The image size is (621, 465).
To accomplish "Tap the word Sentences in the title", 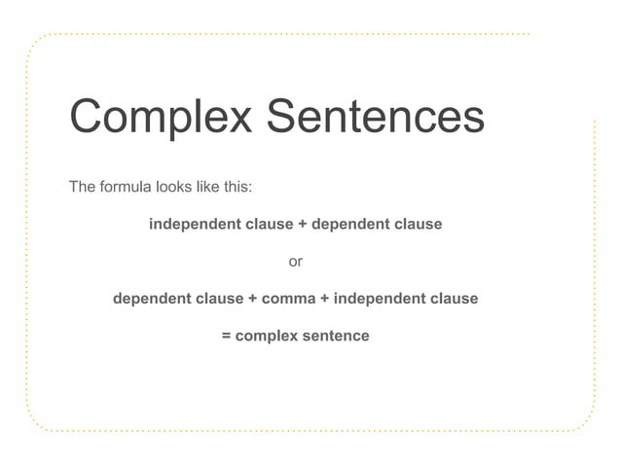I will click(x=375, y=117).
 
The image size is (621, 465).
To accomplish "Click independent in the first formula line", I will click(x=194, y=225).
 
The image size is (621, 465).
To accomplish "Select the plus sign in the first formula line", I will click(x=303, y=225).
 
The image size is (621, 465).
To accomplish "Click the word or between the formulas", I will click(x=296, y=262).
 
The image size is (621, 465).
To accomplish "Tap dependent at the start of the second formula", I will click(x=153, y=299).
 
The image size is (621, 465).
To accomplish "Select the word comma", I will click(x=288, y=299).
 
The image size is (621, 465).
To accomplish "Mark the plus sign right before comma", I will click(x=253, y=299).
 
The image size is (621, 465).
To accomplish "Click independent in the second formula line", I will click(x=382, y=299).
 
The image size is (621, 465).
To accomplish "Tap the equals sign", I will click(x=227, y=337).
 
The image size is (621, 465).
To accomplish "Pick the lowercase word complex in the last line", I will click(x=266, y=337).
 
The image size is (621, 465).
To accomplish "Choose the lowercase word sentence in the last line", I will click(x=336, y=337).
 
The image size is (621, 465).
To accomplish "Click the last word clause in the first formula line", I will click(x=420, y=225).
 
